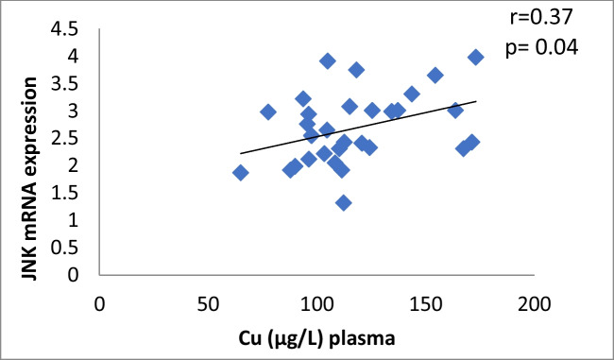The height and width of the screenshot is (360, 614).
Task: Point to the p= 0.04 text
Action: point(536,44)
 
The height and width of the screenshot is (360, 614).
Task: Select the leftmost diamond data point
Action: point(241,173)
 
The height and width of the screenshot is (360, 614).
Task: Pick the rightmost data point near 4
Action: point(476,58)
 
